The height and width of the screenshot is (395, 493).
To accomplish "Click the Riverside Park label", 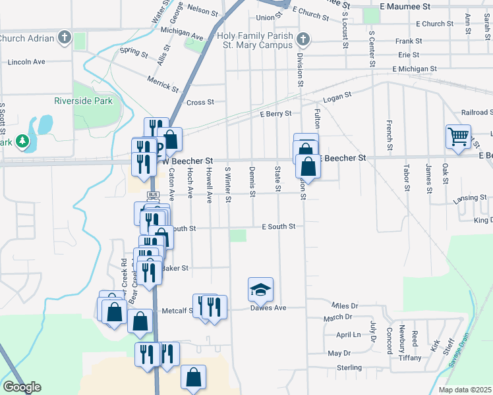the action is tap(83, 101).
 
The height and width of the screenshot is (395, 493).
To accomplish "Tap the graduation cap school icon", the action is tap(260, 289).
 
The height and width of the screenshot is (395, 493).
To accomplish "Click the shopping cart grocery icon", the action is tap(458, 136).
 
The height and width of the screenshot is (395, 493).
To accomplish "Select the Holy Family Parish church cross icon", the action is tap(303, 39).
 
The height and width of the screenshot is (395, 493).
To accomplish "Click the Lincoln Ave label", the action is tap(26, 62).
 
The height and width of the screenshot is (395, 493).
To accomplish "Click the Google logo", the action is tap(22, 387).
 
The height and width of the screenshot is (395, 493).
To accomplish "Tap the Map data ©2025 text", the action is tap(465, 390).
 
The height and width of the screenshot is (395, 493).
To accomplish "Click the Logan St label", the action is tap(337, 97).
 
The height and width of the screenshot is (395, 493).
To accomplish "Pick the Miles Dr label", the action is tap(345, 306).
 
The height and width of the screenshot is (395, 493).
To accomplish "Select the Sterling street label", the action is tap(349, 367).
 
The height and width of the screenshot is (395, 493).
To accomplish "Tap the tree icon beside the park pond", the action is tap(22, 141).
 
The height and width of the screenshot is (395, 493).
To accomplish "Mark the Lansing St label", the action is tap(470, 197).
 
